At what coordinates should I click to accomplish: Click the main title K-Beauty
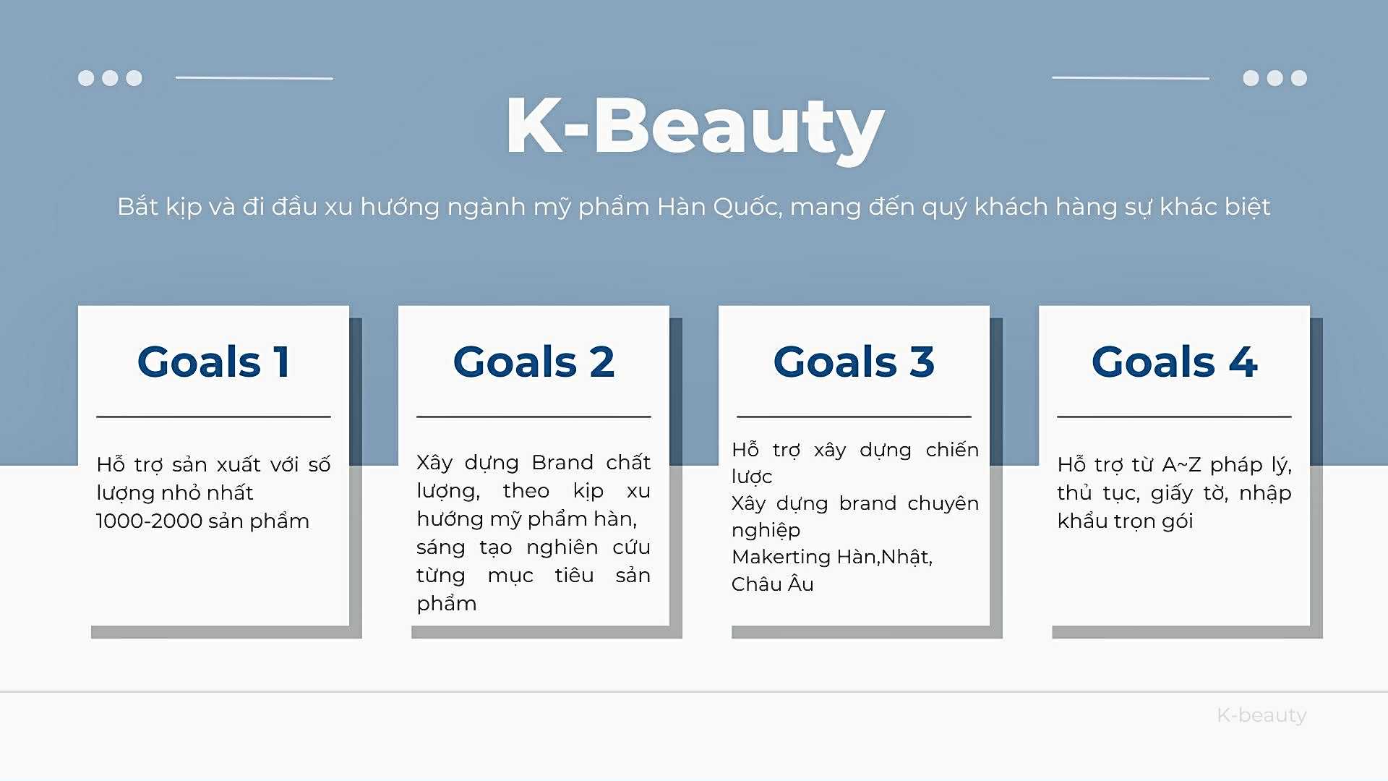pos(695,128)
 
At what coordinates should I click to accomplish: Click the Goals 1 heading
pos(214,362)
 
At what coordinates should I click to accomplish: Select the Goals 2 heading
pos(534,362)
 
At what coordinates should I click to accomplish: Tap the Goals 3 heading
pos(854,362)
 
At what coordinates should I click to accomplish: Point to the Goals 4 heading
pos(1174,362)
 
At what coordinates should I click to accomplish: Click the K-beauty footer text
pos(1261,715)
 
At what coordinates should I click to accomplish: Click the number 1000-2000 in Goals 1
pos(148,521)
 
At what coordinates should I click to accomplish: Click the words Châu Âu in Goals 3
pos(772,584)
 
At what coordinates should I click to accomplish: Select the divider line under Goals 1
pos(213,417)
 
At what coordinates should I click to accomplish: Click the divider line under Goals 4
pos(1174,417)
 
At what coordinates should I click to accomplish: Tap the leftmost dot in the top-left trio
pos(86,78)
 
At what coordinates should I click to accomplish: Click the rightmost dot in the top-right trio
pos(1299,78)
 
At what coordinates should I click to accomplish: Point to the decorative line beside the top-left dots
pos(254,78)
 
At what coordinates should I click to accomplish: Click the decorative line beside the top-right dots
pos(1131,78)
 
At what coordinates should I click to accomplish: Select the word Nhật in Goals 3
pos(906,558)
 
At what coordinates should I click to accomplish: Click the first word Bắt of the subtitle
pos(138,207)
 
